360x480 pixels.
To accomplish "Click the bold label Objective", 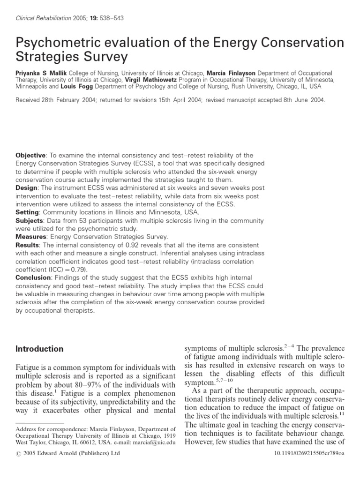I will pos(31,156).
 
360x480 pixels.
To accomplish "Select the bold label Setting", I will pos(28,212).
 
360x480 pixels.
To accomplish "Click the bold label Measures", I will pos(30,237).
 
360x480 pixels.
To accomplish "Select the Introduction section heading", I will pos(39,349).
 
